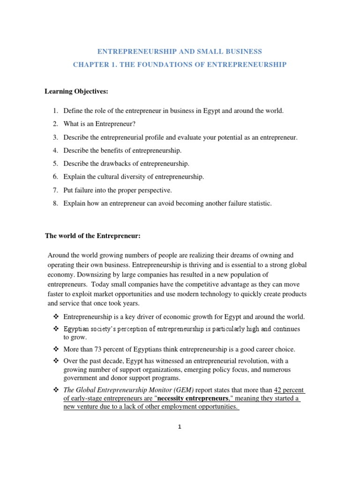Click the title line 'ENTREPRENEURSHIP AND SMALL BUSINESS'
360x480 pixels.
(180, 51)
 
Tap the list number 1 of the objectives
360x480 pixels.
(55, 111)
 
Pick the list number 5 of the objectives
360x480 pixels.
(55, 164)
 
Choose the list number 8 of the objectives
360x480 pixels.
(55, 203)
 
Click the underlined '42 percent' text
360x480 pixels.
(289, 390)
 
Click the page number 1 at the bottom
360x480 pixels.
(179, 427)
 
